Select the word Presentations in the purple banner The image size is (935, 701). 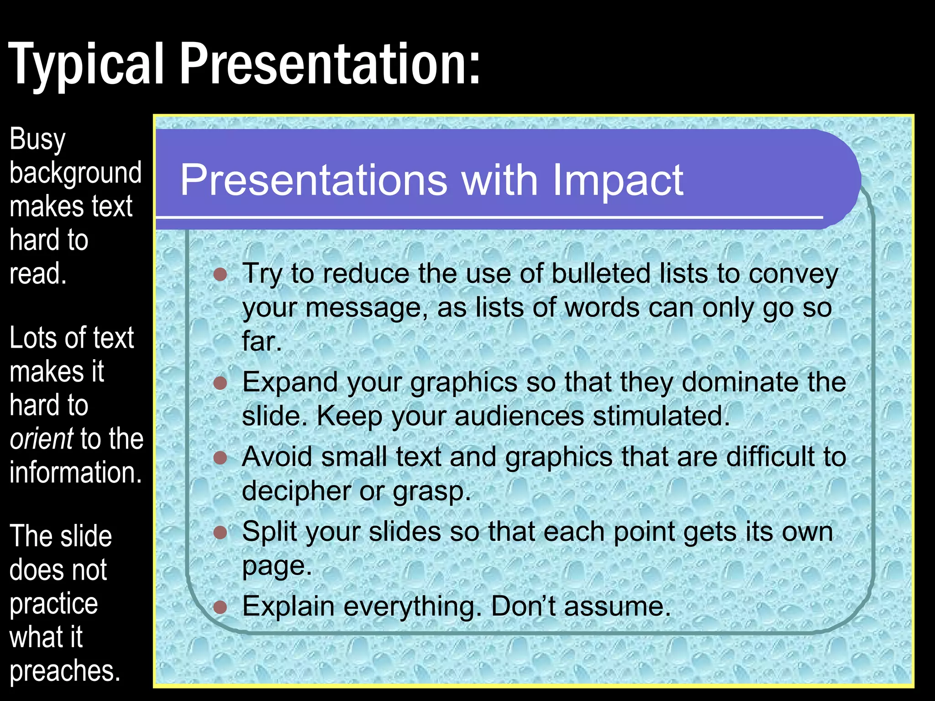click(x=314, y=180)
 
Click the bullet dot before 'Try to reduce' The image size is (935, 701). click(x=221, y=274)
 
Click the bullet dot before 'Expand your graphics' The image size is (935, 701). click(x=221, y=382)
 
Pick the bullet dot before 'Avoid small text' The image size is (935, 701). click(x=221, y=457)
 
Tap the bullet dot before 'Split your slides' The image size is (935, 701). click(x=221, y=532)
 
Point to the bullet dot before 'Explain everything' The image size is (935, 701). click(x=221, y=607)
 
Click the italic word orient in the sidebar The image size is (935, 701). click(x=42, y=439)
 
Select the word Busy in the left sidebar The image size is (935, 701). click(x=37, y=139)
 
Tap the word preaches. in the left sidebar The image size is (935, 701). click(x=65, y=671)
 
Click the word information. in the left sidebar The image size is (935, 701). click(x=76, y=472)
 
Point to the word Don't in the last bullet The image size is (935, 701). click(x=523, y=607)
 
